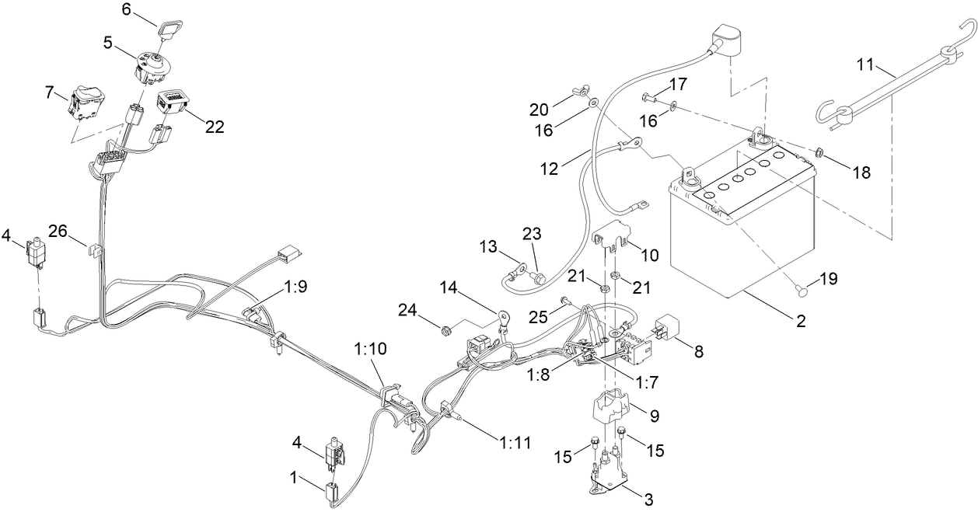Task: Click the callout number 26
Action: [x=58, y=231]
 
